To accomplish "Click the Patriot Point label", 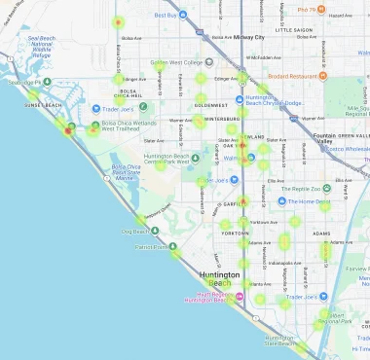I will pyautogui.click(x=151, y=247).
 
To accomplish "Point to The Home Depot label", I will pyautogui.click(x=309, y=201).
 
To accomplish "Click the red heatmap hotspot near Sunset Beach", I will pyautogui.click(x=68, y=129).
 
